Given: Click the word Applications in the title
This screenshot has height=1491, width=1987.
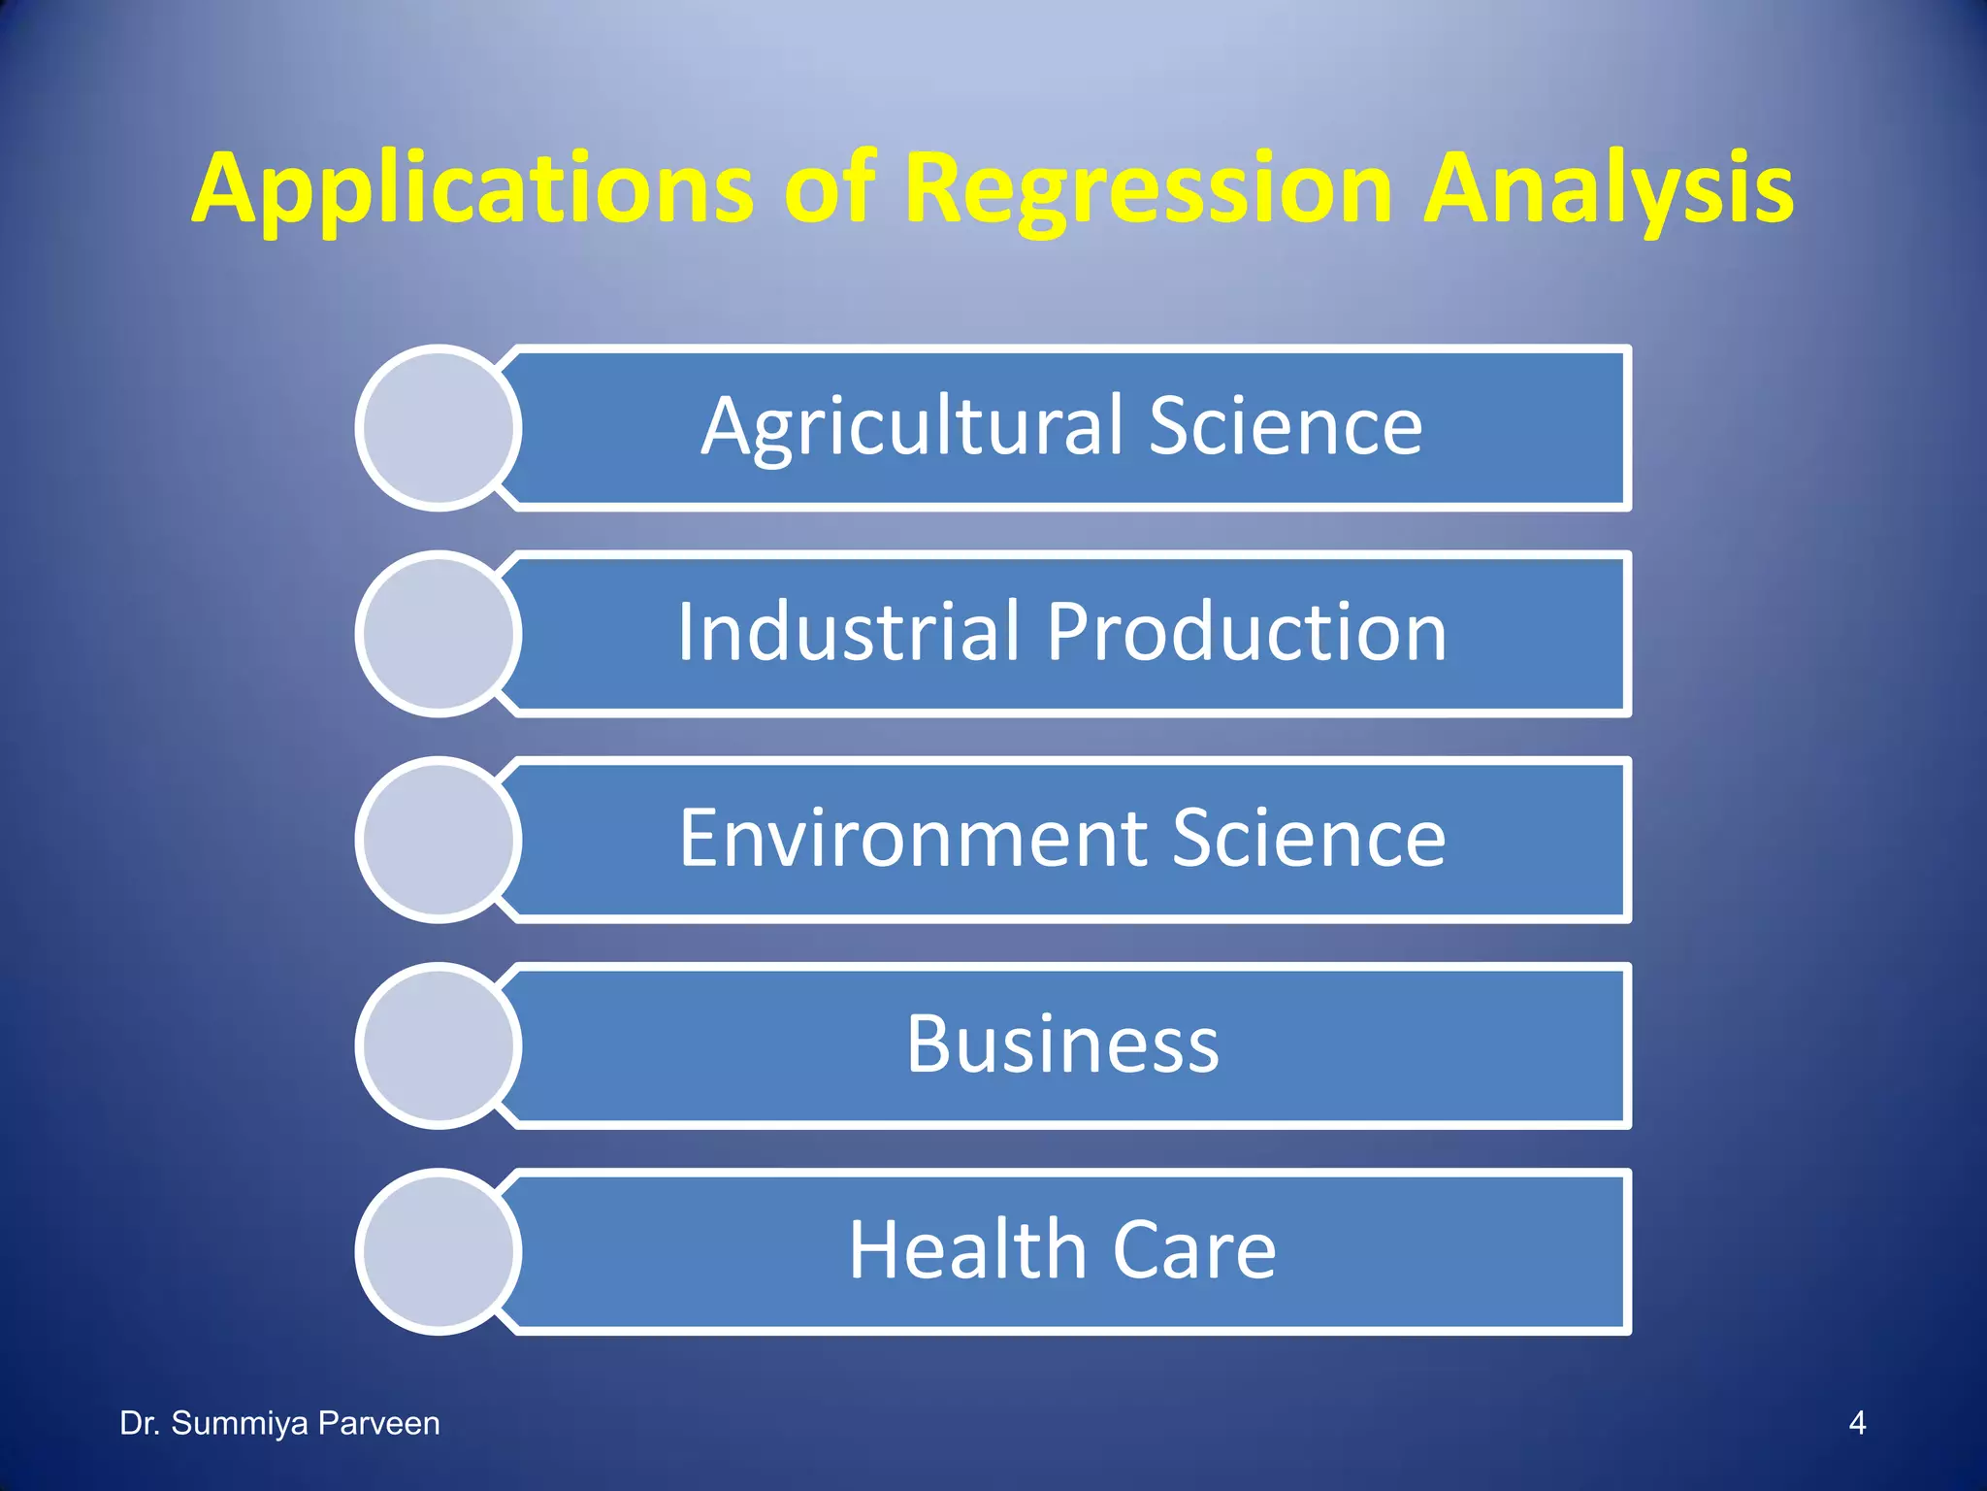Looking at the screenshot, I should click(x=472, y=189).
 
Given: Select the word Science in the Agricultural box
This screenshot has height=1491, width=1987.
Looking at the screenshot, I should click(x=1286, y=427).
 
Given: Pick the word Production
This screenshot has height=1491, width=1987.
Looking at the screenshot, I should click(x=1247, y=633).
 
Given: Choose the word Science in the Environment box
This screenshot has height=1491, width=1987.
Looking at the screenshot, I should click(x=1310, y=839).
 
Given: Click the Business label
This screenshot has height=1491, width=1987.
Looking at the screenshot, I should click(x=1062, y=1044).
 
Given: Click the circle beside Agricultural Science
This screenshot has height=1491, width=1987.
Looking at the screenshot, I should click(x=439, y=428).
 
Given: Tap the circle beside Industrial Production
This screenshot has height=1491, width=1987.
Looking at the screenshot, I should click(x=439, y=634).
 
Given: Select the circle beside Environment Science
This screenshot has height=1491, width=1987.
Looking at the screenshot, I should click(x=439, y=840).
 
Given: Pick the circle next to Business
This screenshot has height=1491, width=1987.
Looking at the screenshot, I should click(x=439, y=1045).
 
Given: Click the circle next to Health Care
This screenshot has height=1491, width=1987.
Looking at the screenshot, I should click(x=439, y=1251).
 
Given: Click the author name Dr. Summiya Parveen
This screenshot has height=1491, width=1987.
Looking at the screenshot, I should click(x=279, y=1423).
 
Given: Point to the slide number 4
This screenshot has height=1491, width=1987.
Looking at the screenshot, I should click(x=1857, y=1423).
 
